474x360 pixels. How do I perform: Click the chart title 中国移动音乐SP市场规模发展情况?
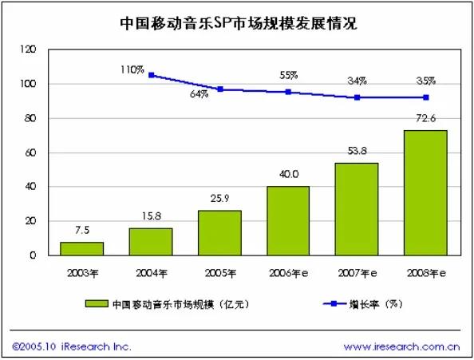[x=237, y=23]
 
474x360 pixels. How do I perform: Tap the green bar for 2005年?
[x=219, y=233]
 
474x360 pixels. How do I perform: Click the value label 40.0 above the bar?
[x=287, y=174]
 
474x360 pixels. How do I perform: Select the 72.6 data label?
[x=425, y=118]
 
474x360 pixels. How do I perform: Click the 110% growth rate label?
[x=132, y=71]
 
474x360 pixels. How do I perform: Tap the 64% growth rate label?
[x=198, y=95]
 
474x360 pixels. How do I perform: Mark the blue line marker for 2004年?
[x=150, y=75]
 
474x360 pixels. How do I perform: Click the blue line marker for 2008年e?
[x=425, y=97]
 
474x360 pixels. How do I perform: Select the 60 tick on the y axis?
[x=30, y=152]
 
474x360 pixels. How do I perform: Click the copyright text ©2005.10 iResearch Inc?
[x=72, y=346]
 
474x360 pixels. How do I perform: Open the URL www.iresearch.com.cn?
[x=401, y=346]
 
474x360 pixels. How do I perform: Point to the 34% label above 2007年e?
[x=357, y=81]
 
